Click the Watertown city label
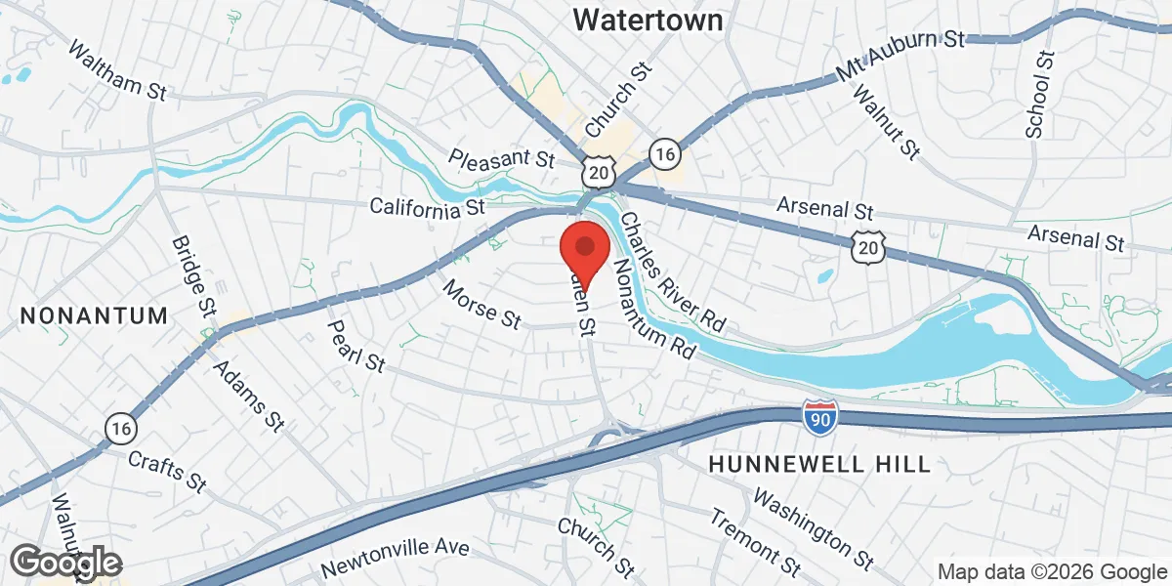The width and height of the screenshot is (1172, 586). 662,19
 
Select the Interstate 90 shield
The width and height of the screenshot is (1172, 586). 819,417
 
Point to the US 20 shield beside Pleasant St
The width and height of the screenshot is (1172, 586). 598,171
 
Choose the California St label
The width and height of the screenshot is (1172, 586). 427,207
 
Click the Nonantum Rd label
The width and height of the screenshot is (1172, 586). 652,310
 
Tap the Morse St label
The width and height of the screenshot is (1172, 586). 481,304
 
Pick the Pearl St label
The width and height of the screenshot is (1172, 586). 356,346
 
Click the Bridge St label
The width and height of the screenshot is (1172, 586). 192,274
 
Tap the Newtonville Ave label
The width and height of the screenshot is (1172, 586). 395,558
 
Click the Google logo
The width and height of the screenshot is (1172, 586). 65,563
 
